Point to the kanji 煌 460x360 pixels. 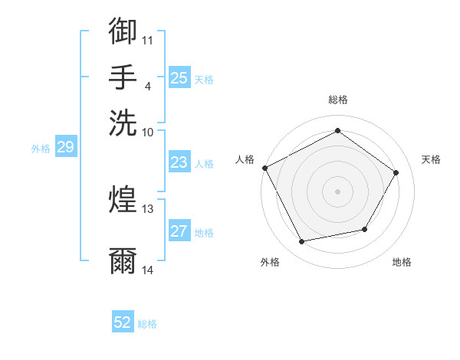click(123, 200)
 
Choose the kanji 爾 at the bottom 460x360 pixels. click(123, 261)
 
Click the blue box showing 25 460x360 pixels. click(179, 78)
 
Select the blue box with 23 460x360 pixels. click(179, 162)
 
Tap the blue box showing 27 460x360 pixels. click(179, 232)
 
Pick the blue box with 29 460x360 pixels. click(65, 148)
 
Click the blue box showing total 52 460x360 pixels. click(123, 322)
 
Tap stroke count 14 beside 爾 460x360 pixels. click(147, 270)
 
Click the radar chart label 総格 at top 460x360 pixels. click(337, 100)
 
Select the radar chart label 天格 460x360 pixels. click(431, 159)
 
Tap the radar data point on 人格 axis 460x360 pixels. click(264, 168)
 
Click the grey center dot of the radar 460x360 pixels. click(337, 191)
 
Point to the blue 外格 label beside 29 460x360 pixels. click(40, 149)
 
